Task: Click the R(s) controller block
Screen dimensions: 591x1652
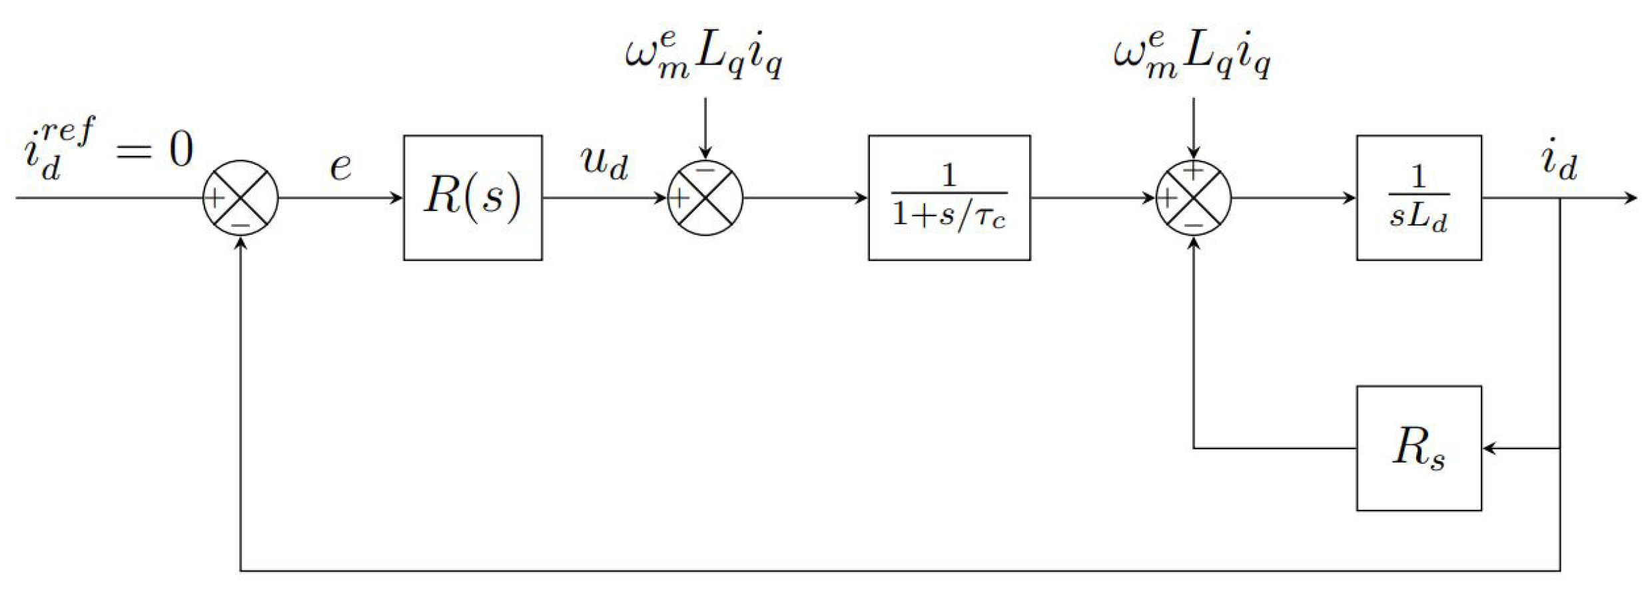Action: (472, 198)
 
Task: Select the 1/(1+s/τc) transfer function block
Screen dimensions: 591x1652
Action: (949, 198)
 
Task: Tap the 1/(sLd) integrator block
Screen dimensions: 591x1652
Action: (1418, 198)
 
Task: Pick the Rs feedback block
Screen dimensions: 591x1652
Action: (1418, 448)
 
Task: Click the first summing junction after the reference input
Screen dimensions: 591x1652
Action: (240, 198)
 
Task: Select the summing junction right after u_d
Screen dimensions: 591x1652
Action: (705, 198)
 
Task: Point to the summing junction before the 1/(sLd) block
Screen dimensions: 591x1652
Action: (1193, 198)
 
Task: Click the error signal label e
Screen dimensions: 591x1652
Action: (340, 166)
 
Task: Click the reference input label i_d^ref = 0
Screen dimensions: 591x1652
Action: (107, 150)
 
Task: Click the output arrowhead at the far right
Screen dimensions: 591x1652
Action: (1631, 198)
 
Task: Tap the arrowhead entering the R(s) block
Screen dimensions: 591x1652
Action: (397, 198)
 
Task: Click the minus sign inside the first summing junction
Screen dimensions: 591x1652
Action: (240, 225)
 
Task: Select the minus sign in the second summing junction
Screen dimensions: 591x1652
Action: (705, 171)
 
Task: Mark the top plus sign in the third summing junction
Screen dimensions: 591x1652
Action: (1193, 171)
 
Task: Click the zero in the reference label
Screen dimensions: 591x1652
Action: (181, 150)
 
